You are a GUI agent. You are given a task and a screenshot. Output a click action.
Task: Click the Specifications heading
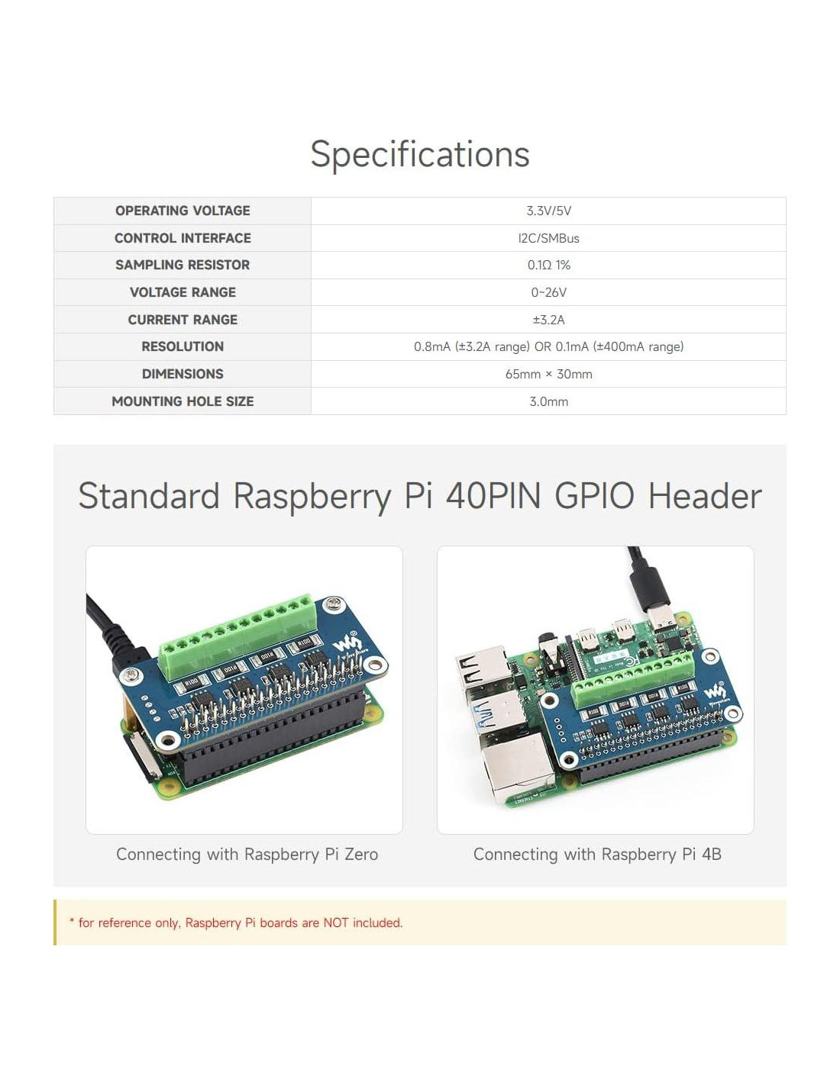419,155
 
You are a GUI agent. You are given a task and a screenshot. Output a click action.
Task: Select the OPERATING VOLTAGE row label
183,211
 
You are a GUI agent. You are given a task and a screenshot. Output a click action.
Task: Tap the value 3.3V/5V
548,211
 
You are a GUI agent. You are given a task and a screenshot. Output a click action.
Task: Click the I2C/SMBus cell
548,238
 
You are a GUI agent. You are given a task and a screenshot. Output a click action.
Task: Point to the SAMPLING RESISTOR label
183,265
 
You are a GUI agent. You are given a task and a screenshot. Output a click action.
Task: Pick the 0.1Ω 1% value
548,265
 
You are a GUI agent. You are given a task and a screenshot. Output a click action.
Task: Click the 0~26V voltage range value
548,292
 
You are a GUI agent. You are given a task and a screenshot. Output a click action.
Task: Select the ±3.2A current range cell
548,320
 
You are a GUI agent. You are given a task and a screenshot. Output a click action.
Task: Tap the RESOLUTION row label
183,346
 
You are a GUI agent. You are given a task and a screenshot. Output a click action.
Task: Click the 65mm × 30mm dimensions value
548,374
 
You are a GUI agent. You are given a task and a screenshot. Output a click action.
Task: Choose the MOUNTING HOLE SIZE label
183,401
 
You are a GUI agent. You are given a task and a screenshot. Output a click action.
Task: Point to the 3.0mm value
548,401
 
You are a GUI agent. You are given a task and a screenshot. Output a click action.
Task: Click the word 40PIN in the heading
493,496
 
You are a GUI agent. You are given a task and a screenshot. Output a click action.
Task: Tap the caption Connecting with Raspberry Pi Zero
247,855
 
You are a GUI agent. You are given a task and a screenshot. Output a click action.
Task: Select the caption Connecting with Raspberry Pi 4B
597,855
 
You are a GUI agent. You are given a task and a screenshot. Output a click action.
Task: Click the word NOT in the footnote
336,922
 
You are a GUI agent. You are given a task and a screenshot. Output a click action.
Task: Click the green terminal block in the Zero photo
237,629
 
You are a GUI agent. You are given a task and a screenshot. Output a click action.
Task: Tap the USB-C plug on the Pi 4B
661,618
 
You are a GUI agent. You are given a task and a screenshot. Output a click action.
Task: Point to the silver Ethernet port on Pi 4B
515,771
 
